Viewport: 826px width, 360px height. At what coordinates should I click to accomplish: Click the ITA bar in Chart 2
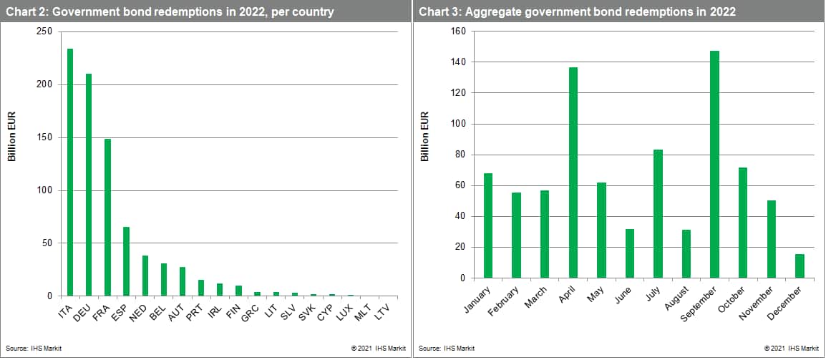70,172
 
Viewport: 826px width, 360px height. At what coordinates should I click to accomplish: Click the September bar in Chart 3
714,165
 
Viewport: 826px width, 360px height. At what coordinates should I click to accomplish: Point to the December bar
799,266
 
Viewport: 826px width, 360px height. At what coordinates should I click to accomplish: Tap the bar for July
658,214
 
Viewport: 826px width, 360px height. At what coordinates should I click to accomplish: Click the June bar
630,253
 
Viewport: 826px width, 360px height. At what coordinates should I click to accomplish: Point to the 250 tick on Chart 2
44,31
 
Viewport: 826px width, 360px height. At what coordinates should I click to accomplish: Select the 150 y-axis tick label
44,137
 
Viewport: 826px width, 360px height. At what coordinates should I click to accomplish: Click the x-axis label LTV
383,309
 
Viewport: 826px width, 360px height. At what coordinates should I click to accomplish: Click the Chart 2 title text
171,11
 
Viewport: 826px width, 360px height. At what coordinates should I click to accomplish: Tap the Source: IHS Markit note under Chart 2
29,349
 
